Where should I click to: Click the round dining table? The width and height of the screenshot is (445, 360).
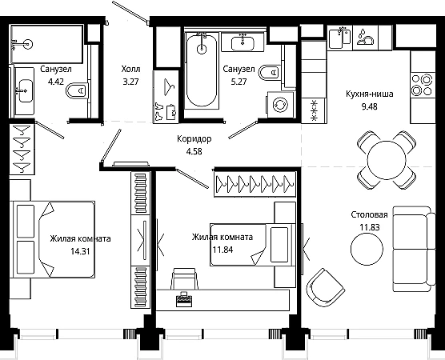pos(387,160)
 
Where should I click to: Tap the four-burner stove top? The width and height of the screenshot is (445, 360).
pos(423,85)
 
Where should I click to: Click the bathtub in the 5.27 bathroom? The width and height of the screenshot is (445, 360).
pos(202,70)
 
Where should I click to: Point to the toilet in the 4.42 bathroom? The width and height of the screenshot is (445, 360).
pos(76,90)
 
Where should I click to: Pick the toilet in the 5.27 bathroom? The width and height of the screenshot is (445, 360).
pos(270,73)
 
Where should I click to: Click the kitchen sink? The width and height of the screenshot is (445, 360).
pos(339,38)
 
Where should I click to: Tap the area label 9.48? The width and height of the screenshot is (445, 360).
pos(369,106)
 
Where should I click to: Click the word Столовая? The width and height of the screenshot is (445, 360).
pos(369,214)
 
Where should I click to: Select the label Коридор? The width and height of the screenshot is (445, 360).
pos(194,139)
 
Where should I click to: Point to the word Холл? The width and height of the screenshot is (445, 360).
pos(130,69)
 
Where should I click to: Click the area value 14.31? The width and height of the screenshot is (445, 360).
pos(80,251)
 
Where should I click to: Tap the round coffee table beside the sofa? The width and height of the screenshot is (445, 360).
pos(367,249)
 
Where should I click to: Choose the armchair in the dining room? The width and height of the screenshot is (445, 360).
pos(325,287)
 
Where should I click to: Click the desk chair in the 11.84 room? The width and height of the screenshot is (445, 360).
pos(184,278)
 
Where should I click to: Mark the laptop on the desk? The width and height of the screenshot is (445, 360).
pos(183,299)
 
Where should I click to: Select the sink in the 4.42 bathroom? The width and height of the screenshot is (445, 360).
pos(25,90)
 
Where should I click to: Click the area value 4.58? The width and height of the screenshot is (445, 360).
pos(194,151)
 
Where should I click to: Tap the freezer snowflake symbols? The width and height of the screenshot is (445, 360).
pos(314,110)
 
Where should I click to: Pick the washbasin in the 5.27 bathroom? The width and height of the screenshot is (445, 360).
pos(243,43)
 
